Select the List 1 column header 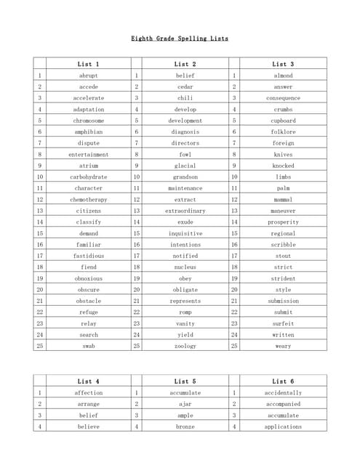coord(89,64)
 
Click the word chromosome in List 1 coord(89,121)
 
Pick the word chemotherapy coord(89,199)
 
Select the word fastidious coord(89,256)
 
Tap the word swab coord(89,346)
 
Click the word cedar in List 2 coord(185,86)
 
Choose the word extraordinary coord(185,211)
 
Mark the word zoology coord(185,346)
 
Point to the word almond coord(283,76)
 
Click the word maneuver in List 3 coord(283,211)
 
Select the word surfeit coord(283,323)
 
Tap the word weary coord(283,346)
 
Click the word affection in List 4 coord(89,393)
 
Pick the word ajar coord(185,404)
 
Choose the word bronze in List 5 coord(185,426)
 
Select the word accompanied coord(283,404)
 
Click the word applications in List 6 coord(283,426)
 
